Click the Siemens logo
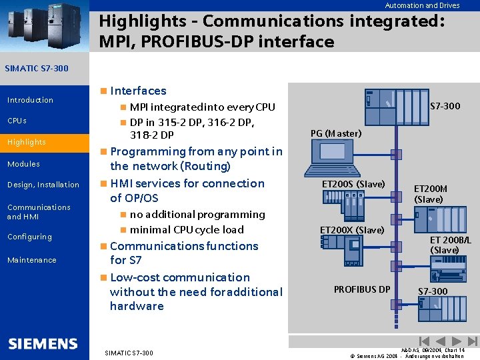43,344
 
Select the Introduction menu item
30,100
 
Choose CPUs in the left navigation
17,121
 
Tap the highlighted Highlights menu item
27,142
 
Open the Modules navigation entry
23,164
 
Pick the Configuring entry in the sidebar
29,237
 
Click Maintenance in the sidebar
32,260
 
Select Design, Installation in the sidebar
43,185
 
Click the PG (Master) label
336,133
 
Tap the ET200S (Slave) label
353,184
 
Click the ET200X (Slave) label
352,230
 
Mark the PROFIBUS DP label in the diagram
362,289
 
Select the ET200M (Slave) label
431,194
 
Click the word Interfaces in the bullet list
138,91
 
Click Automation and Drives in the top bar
422,5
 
